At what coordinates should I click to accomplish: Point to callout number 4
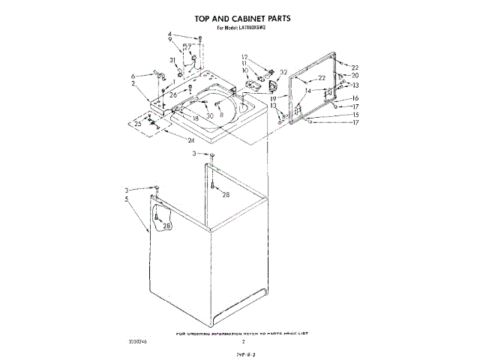pos(169,34)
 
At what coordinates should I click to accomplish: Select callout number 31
pos(172,60)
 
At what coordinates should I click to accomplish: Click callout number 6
pos(133,76)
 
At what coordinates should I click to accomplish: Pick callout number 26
pos(173,95)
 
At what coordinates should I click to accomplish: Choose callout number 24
pos(191,140)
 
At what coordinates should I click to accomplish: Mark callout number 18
pos(195,118)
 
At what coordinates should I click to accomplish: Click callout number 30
pos(210,115)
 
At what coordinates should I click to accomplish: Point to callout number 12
pos(244,57)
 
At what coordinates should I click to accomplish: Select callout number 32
pos(283,73)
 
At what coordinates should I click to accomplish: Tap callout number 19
pos(274,98)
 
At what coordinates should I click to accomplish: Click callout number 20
pos(355,75)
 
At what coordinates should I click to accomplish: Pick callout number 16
pos(355,98)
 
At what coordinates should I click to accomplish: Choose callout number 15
pos(355,115)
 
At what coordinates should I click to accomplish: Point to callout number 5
pos(127,199)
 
